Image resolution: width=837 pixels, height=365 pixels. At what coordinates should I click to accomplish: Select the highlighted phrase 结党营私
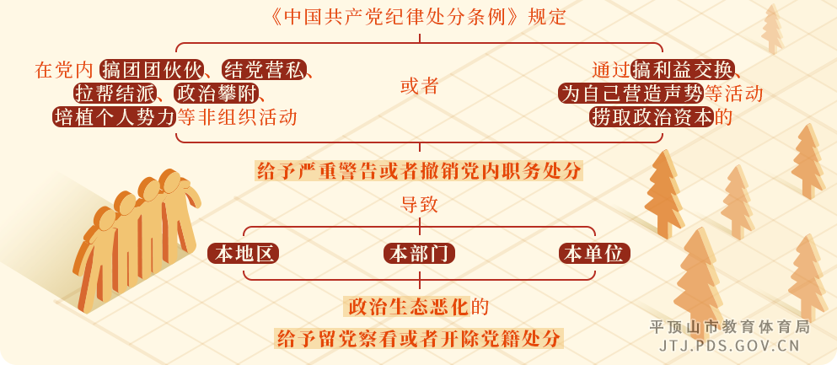[x=262, y=69]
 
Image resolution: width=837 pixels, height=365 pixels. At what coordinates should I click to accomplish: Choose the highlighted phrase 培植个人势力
[x=113, y=116]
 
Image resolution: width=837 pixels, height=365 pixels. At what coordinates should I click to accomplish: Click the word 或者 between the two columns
[x=419, y=86]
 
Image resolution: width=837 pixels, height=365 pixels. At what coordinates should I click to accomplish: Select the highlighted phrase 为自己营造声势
[x=630, y=93]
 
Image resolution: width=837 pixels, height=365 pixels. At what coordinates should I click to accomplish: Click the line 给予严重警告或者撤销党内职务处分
[x=419, y=171]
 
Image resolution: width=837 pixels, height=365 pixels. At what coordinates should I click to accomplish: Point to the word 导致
[x=419, y=204]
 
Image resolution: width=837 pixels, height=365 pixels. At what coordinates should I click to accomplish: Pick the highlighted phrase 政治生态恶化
[x=407, y=305]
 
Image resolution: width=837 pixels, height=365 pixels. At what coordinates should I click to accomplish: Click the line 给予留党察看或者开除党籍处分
[x=419, y=339]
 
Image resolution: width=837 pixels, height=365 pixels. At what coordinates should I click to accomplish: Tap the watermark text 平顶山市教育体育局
[x=729, y=326]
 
